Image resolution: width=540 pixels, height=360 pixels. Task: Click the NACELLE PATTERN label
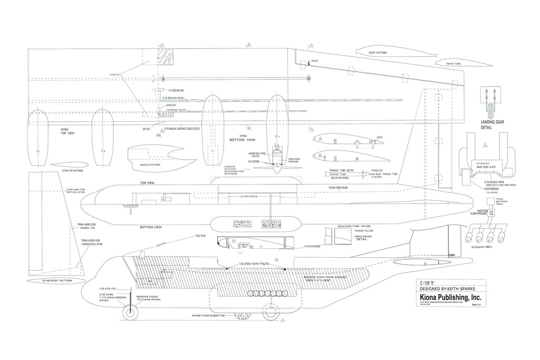tap(151, 164)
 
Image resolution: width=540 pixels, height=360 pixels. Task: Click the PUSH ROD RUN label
tap(339, 187)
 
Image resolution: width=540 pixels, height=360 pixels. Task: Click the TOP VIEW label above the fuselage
tap(147, 183)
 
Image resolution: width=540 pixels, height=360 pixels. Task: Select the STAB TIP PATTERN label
tap(72, 170)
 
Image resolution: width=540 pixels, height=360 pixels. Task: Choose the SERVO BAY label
tap(244, 246)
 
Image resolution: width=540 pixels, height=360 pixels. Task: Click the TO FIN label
tap(200, 236)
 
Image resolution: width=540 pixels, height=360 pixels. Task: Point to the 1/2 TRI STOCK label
tap(248, 197)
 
